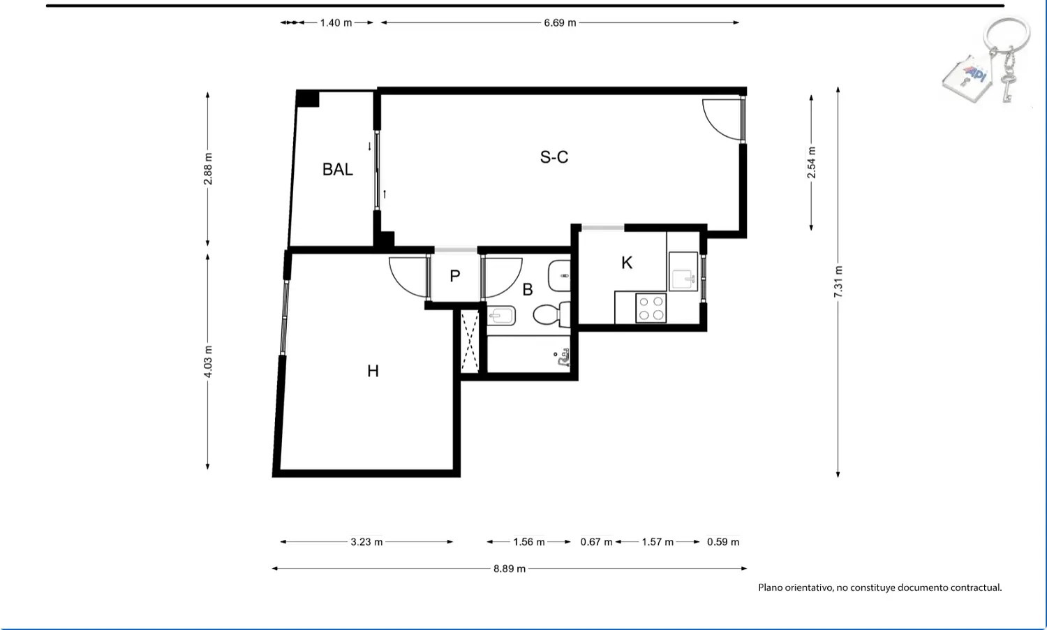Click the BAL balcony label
point(337,169)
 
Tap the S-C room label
point(554,157)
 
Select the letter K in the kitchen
point(627,263)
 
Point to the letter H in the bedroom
point(373,372)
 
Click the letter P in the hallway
point(455,277)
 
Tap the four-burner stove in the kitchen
point(651,308)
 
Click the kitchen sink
point(683,272)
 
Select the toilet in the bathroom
point(551,314)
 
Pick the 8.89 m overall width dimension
point(510,569)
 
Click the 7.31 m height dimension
point(838,281)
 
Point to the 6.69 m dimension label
point(560,23)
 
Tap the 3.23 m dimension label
point(367,542)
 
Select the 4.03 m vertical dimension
point(208,362)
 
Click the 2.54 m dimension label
point(811,163)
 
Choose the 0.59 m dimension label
point(723,542)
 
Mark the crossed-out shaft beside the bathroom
point(470,341)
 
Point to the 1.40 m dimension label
point(336,23)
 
